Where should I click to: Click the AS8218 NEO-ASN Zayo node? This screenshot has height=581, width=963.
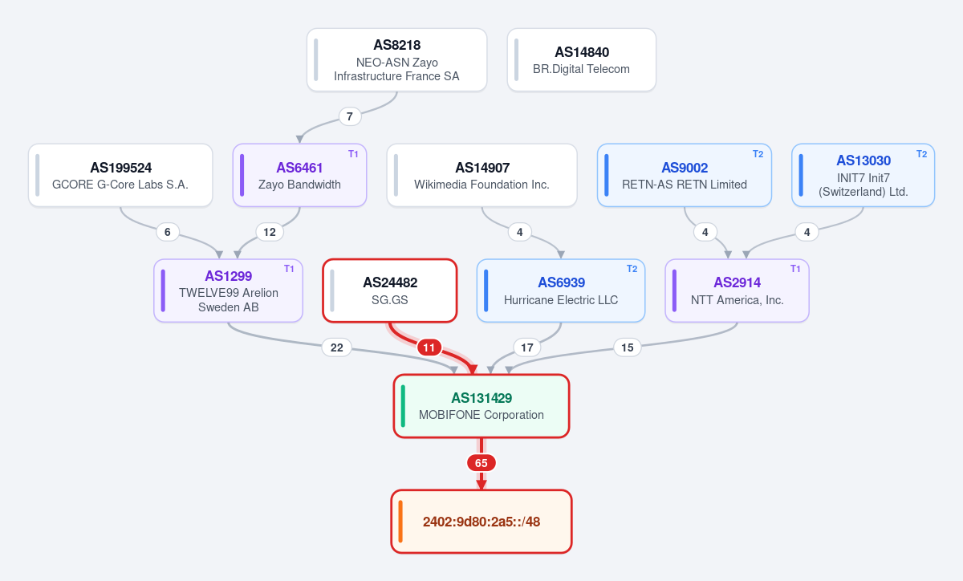(396, 59)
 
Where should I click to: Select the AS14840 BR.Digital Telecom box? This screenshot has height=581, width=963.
(582, 59)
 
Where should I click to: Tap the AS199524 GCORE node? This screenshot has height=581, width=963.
(120, 175)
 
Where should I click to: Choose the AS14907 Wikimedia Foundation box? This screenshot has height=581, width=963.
(482, 175)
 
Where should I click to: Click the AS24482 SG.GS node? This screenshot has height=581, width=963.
(390, 290)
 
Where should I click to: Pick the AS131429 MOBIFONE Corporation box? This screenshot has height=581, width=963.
(481, 406)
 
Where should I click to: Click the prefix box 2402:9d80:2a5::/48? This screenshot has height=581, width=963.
(481, 522)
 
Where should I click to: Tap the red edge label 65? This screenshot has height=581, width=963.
(481, 463)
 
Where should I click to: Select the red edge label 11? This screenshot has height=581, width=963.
(429, 347)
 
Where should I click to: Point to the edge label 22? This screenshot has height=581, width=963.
(336, 347)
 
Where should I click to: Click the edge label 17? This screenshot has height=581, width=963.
(527, 347)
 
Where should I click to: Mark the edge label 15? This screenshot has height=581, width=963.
(628, 347)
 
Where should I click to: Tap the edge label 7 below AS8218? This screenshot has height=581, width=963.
(350, 116)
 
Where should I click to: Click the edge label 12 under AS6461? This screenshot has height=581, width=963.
(270, 232)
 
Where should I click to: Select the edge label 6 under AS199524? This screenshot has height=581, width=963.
(168, 232)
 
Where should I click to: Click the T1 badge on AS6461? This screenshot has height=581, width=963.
(353, 154)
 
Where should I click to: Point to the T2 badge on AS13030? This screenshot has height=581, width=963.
(921, 154)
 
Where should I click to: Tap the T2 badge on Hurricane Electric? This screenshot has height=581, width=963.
(632, 269)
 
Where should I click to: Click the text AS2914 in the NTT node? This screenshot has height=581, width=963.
(737, 282)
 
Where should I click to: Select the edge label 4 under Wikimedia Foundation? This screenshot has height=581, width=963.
(520, 232)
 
